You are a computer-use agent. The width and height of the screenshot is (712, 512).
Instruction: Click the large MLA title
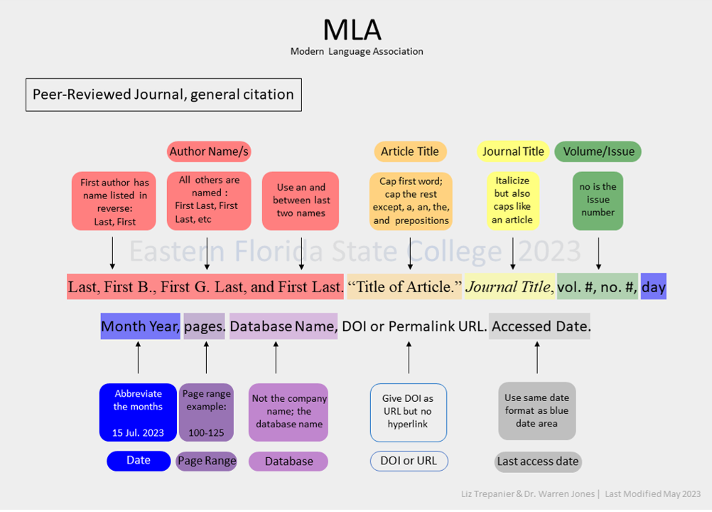[352, 30]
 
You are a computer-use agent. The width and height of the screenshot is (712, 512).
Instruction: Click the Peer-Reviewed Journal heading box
[163, 95]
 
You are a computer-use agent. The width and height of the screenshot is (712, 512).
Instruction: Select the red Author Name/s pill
[209, 151]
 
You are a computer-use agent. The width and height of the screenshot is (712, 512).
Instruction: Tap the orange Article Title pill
[410, 151]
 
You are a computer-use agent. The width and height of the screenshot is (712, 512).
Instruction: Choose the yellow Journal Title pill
[513, 151]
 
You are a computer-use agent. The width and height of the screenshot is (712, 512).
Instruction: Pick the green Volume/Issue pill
[598, 151]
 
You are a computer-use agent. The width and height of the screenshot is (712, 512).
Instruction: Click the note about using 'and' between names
[301, 201]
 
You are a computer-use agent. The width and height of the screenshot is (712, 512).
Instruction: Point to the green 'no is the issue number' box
[598, 201]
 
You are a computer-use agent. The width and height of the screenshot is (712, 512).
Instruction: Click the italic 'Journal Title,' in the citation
[509, 287]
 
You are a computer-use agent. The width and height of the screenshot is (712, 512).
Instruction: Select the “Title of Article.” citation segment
[404, 287]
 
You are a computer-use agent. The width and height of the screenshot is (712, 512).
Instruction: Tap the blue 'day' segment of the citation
[654, 287]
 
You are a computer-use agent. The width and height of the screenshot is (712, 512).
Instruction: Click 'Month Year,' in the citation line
[140, 326]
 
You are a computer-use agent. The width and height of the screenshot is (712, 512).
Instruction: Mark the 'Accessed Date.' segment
[540, 326]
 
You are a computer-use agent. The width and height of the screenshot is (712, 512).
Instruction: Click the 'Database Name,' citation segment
[284, 326]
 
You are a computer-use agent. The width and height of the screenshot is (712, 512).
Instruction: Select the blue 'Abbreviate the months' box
[138, 412]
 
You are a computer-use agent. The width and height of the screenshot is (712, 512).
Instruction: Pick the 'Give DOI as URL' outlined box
[408, 412]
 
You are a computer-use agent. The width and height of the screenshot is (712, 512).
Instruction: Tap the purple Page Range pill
[207, 461]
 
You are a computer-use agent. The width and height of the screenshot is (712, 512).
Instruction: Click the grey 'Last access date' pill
[538, 462]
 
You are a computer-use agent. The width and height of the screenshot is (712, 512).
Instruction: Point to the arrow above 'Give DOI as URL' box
[409, 358]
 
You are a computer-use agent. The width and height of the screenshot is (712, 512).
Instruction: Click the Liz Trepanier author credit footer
[528, 494]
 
